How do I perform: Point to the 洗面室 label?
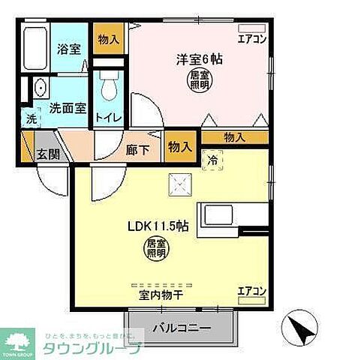click(x=65, y=107)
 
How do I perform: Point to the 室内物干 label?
click(x=161, y=295)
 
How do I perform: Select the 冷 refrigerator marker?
click(x=212, y=159)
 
